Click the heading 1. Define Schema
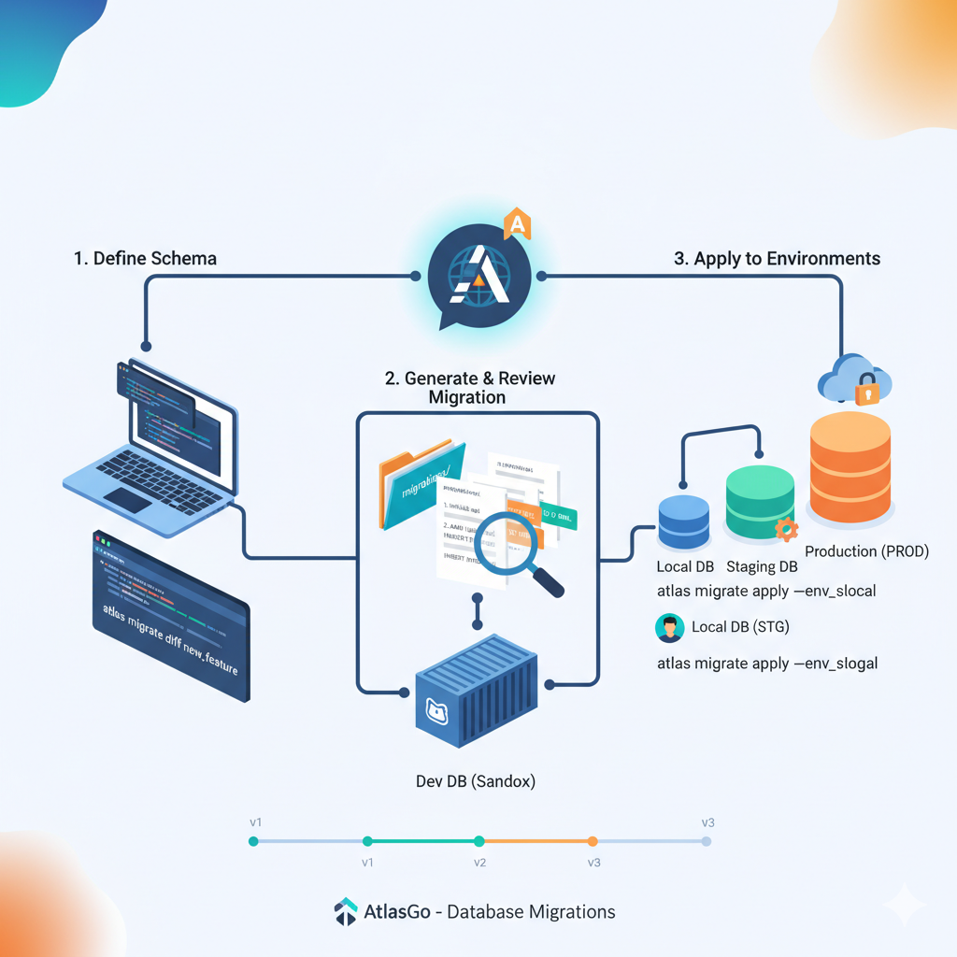click(x=145, y=259)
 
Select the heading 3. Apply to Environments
click(x=777, y=259)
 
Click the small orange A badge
click(x=517, y=224)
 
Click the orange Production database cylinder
click(x=850, y=467)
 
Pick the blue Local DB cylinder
click(x=684, y=521)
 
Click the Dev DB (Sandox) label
click(x=476, y=781)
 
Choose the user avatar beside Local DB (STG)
click(x=670, y=627)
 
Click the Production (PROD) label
click(x=866, y=551)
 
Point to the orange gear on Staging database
click(x=787, y=528)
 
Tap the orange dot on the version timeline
click(x=593, y=841)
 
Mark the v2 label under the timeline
click(x=479, y=862)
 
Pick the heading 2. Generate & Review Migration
click(x=469, y=388)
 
